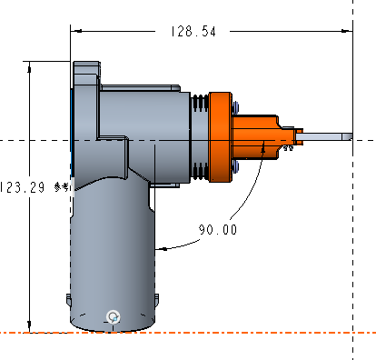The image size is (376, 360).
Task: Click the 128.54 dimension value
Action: tap(193, 32)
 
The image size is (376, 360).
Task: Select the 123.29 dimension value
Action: tap(22, 187)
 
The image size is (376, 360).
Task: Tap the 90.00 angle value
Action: tap(218, 229)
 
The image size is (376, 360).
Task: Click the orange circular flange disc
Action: tap(221, 137)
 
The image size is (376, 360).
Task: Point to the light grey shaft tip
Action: tap(324, 136)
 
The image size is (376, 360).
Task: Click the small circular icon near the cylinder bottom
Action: tap(114, 317)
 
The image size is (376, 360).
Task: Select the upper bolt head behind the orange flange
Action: tap(235, 107)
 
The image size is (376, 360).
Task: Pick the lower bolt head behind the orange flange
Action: tap(235, 166)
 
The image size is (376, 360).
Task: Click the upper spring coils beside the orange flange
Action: tap(200, 102)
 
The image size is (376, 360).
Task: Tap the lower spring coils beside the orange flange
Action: tap(200, 172)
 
